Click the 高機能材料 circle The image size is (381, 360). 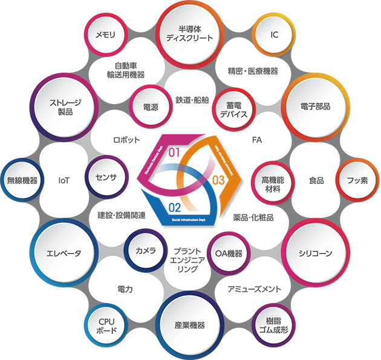click(273, 180)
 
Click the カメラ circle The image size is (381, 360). click(146, 251)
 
